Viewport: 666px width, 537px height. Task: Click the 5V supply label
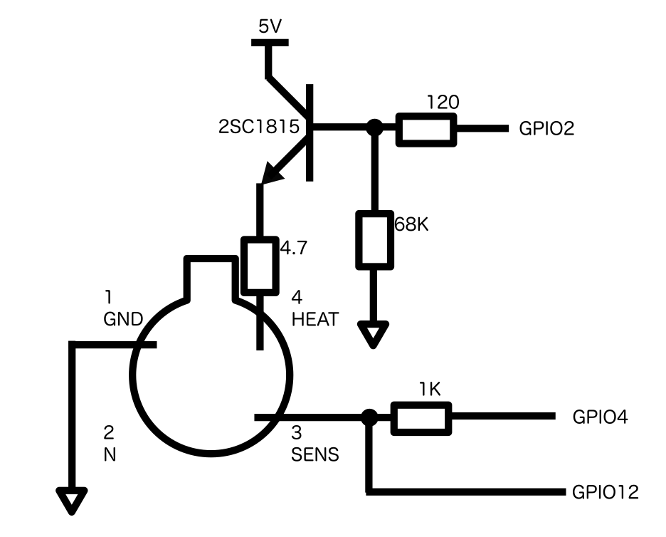[x=270, y=27]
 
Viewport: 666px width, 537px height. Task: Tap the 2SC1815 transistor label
[x=259, y=127]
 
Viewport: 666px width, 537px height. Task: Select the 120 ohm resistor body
[x=426, y=130]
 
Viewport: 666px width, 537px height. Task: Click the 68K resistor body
[x=374, y=240]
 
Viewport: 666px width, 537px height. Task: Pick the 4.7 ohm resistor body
[x=260, y=266]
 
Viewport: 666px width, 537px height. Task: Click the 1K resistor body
[x=421, y=418]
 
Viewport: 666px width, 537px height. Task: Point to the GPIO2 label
[x=546, y=128]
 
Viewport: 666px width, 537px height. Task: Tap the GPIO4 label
[x=600, y=417]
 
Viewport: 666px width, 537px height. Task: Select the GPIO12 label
[x=606, y=492]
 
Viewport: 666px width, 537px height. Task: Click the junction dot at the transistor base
[x=374, y=127]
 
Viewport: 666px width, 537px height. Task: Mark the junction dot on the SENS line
[x=369, y=417]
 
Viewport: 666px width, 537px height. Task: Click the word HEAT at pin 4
[x=314, y=319]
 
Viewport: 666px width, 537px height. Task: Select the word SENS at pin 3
[x=314, y=454]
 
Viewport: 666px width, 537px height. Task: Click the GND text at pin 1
[x=123, y=319]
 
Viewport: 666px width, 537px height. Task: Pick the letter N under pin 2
[x=110, y=455]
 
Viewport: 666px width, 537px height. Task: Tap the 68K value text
[x=411, y=224]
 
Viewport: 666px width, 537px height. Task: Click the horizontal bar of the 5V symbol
[x=270, y=43]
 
